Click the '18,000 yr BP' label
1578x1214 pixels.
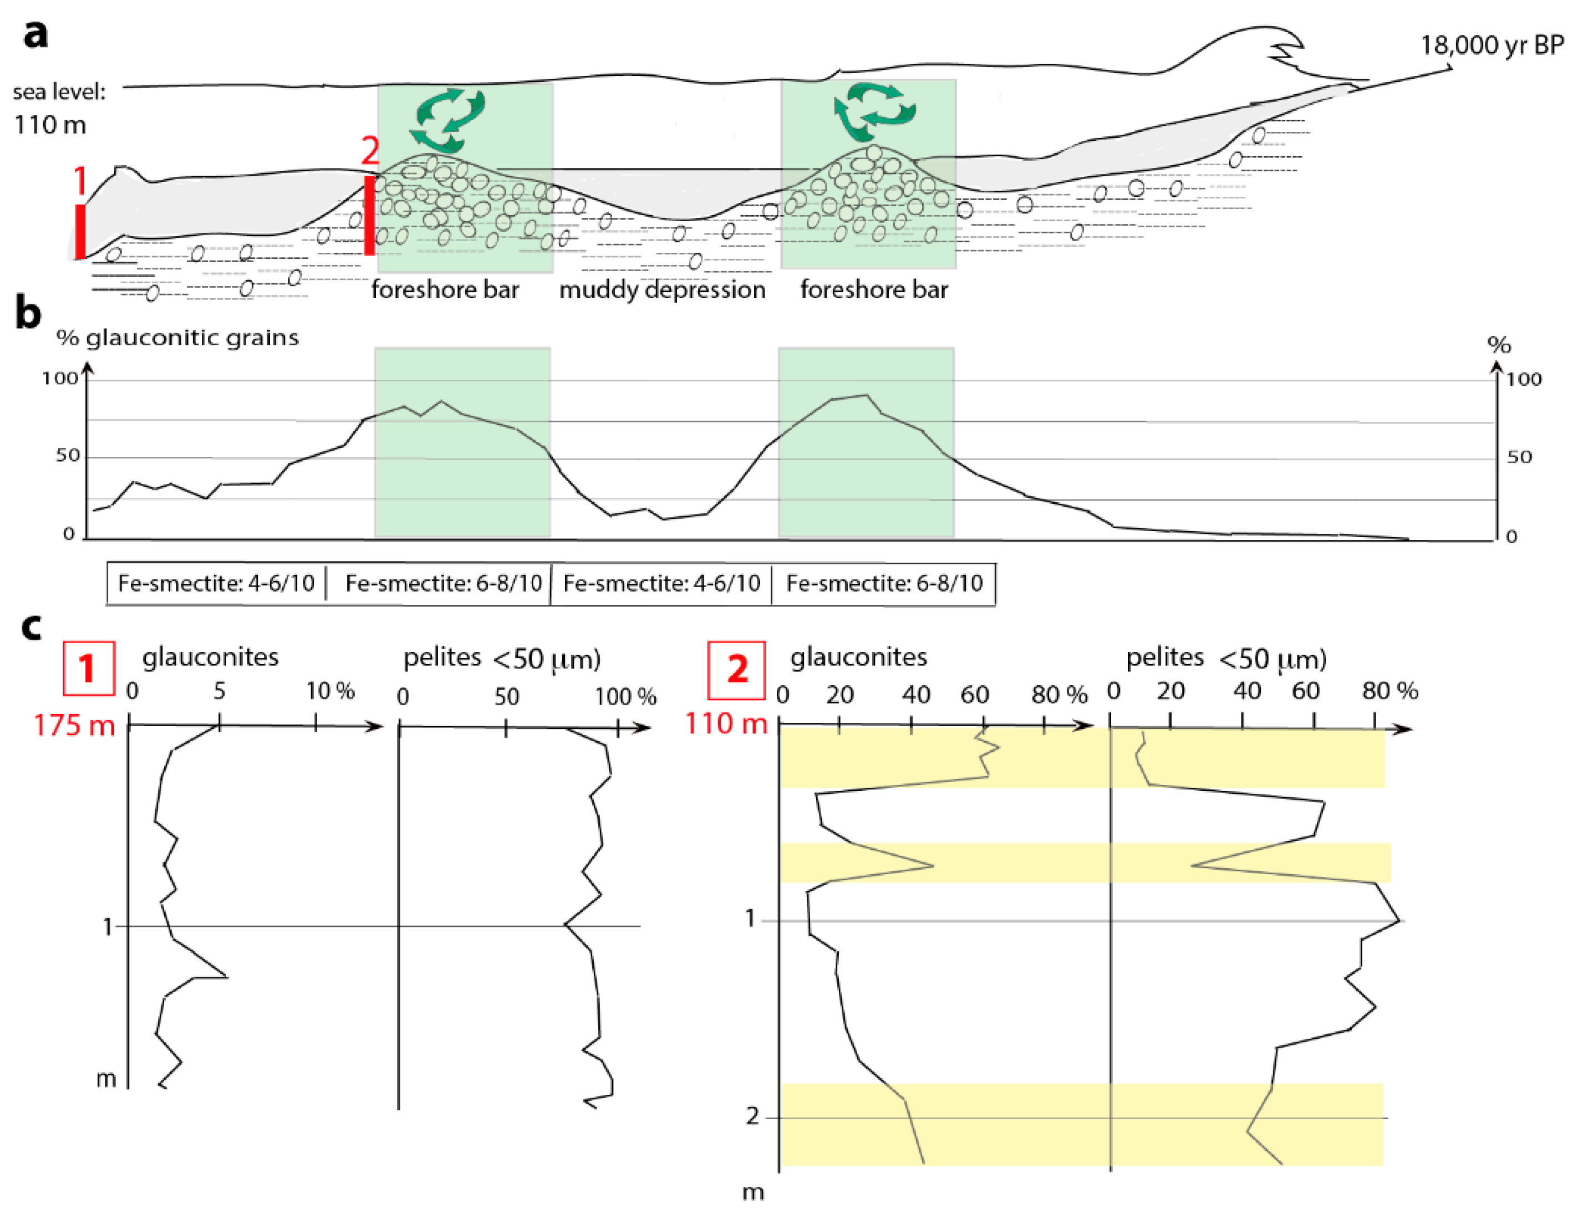[1492, 45]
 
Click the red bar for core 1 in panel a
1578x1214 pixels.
[80, 231]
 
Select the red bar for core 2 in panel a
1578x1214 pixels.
[369, 215]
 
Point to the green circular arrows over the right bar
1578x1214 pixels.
[874, 112]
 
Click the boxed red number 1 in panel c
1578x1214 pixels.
[89, 668]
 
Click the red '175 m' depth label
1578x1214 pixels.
[74, 725]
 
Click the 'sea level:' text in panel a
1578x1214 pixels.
[59, 91]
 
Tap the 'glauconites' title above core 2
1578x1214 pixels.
[858, 657]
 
